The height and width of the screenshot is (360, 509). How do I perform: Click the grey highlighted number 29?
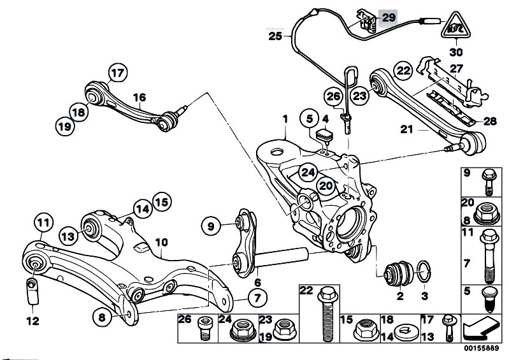387,18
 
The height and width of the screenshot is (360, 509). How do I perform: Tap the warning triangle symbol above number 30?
455,27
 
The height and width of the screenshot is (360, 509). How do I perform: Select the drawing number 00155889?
482,350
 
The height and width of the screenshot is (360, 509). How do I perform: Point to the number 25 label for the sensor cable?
275,37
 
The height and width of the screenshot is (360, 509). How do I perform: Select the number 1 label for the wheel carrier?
285,119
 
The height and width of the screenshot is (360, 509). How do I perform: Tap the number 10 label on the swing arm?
161,242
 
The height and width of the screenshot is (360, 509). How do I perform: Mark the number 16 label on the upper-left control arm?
140,97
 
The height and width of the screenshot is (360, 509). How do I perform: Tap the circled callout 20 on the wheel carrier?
326,186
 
